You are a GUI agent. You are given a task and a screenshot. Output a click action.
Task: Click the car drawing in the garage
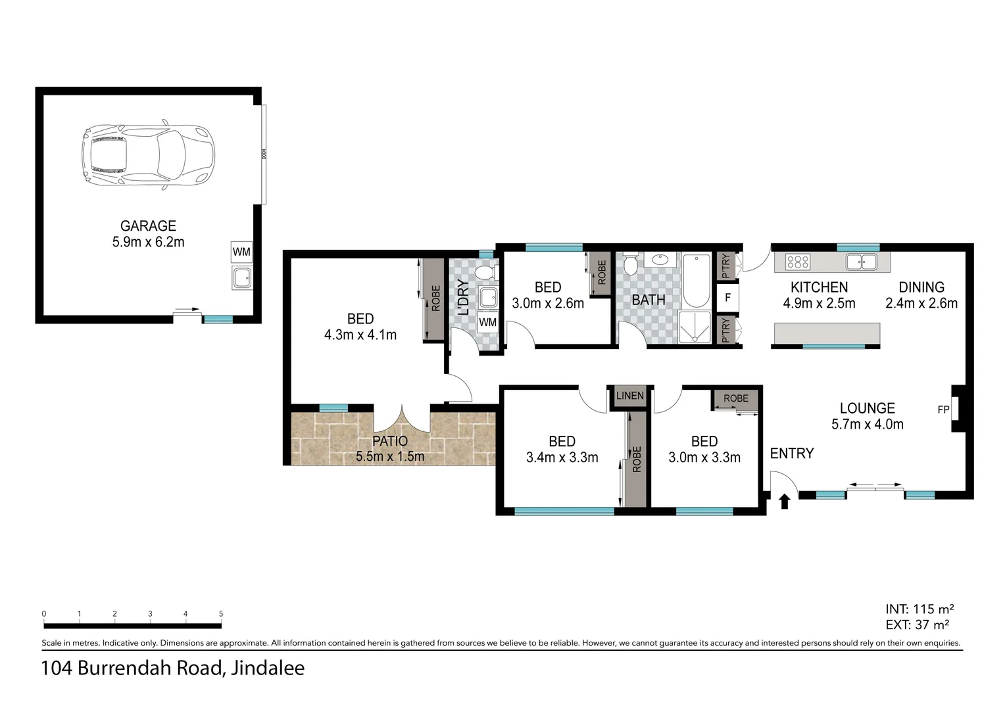pyautogui.click(x=148, y=156)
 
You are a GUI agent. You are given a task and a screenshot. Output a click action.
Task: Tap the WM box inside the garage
pyautogui.click(x=241, y=252)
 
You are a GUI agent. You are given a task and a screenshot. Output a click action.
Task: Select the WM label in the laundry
pyautogui.click(x=488, y=322)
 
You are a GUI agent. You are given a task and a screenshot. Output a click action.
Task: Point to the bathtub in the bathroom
pyautogui.click(x=696, y=281)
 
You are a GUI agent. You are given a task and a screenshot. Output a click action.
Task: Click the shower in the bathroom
pyautogui.click(x=695, y=327)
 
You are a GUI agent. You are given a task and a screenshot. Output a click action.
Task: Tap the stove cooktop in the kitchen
pyautogui.click(x=797, y=262)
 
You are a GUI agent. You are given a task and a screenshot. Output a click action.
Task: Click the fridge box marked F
pyautogui.click(x=727, y=298)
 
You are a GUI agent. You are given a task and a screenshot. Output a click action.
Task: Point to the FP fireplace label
pyautogui.click(x=943, y=410)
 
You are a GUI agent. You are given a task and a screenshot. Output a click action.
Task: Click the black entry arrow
pyautogui.click(x=784, y=502)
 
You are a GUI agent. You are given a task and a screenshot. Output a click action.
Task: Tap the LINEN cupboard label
pyautogui.click(x=629, y=396)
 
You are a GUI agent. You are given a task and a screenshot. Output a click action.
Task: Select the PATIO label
pyautogui.click(x=390, y=441)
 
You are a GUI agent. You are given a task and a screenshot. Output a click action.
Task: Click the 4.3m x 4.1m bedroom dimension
pyautogui.click(x=360, y=335)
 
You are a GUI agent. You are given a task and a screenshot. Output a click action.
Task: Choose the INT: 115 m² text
pyautogui.click(x=919, y=609)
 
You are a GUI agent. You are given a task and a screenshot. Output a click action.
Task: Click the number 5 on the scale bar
pyautogui.click(x=221, y=614)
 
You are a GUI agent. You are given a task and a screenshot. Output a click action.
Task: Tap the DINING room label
pyautogui.click(x=921, y=287)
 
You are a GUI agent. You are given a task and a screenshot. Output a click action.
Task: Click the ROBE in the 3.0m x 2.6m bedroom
pyautogui.click(x=601, y=273)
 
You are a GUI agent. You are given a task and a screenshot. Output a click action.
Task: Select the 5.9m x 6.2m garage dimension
pyautogui.click(x=148, y=242)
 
